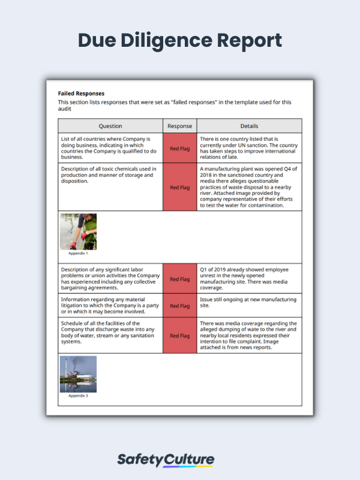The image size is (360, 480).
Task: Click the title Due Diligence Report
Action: (180, 40)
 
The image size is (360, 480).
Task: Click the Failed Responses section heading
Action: (81, 94)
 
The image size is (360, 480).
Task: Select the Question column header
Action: (110, 126)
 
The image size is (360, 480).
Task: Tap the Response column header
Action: (179, 126)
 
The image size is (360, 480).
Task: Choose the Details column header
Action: (249, 126)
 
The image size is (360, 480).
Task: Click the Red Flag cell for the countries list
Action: (179, 148)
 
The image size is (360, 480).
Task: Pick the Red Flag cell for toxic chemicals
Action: (179, 187)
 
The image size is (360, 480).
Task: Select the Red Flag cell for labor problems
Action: (179, 279)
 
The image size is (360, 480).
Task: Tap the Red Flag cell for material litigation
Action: (179, 305)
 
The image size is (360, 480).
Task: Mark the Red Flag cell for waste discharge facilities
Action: (179, 335)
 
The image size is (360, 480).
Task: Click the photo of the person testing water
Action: (78, 232)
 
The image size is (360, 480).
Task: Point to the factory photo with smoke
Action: (78, 374)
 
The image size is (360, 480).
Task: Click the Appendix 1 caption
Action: (78, 253)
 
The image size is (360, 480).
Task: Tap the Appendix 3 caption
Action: (78, 396)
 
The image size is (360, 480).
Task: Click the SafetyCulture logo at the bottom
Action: (165, 460)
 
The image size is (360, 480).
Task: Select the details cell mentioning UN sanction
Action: (249, 148)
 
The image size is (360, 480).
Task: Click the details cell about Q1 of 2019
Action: (249, 279)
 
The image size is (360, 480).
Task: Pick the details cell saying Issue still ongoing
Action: (249, 302)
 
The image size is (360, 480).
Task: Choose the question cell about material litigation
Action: (110, 305)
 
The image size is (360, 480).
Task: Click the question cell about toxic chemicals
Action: (110, 175)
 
